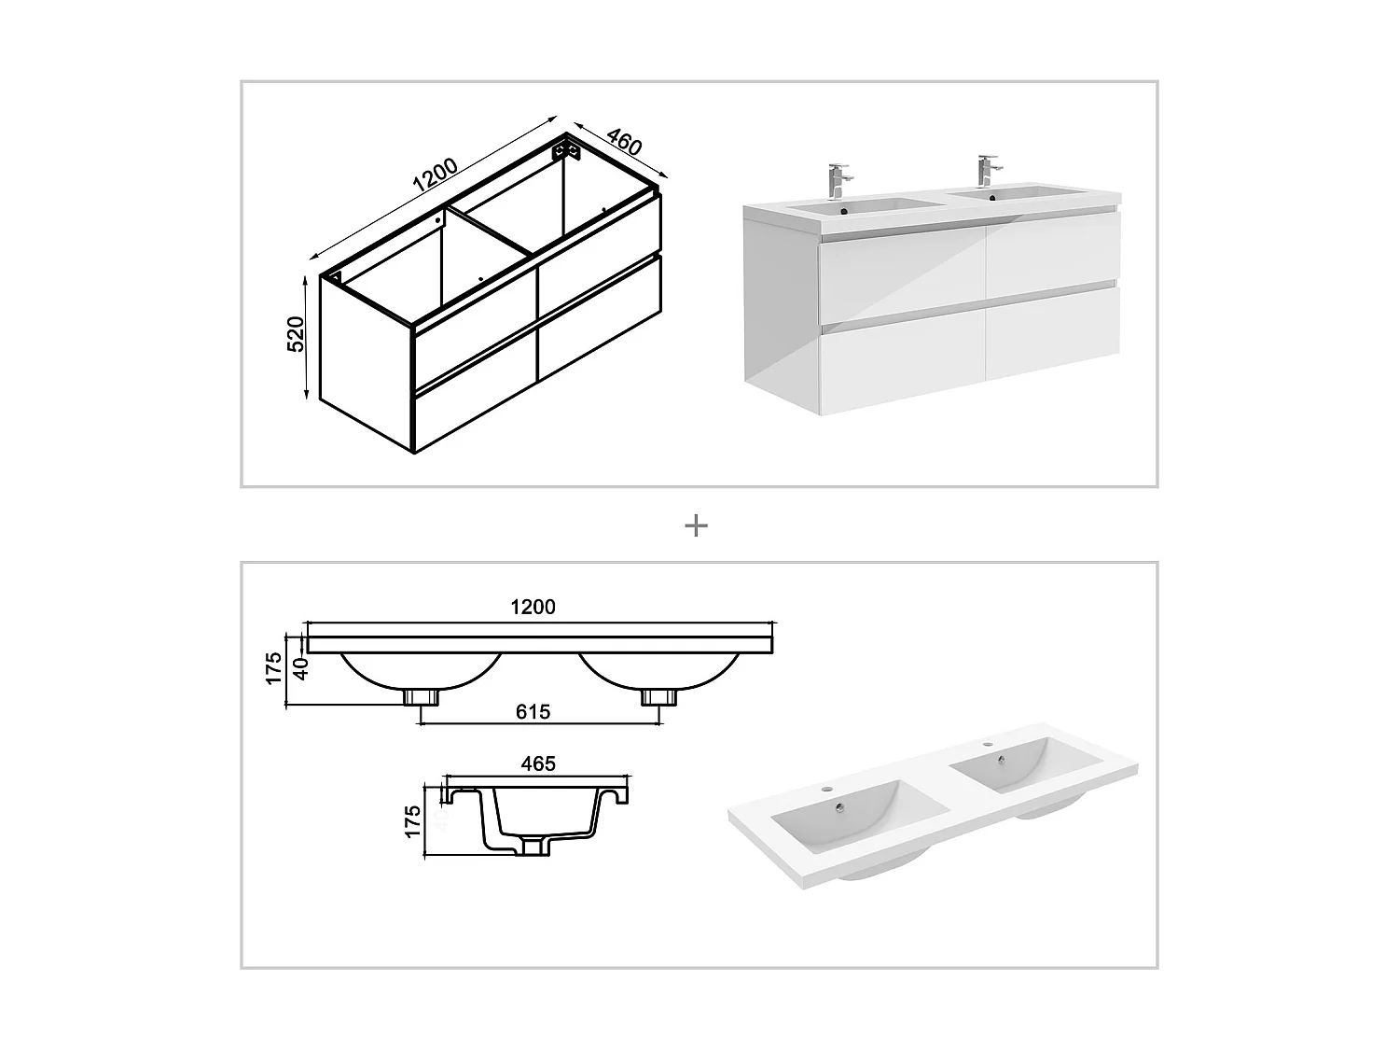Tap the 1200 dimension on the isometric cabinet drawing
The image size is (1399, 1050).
(x=436, y=175)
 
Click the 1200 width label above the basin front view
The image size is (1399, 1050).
(x=533, y=607)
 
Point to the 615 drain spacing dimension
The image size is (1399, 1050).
(x=533, y=712)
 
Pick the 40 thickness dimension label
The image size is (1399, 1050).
(x=300, y=669)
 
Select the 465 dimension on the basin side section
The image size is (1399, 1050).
(x=538, y=763)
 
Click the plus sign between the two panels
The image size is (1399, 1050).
(x=696, y=526)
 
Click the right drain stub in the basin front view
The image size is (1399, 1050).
(x=658, y=696)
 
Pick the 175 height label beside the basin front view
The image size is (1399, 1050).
(x=273, y=668)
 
